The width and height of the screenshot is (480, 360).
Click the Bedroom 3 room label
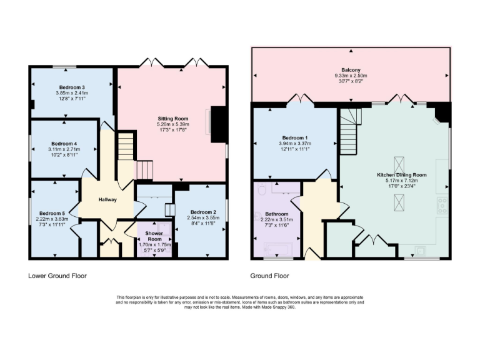pos(72,87)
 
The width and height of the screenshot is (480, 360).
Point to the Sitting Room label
pos(172,117)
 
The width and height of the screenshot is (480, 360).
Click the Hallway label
pos(107,199)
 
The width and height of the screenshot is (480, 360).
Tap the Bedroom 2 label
pos(200,212)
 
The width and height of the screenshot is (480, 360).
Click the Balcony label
pos(351,70)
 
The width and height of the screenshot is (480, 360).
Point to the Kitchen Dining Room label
pos(402,175)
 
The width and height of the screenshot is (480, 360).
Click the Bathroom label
pos(277,213)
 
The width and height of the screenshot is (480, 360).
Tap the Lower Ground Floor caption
pos(57,276)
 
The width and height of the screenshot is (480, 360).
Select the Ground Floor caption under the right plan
pos(269,276)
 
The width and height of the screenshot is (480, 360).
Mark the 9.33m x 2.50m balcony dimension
pos(351,76)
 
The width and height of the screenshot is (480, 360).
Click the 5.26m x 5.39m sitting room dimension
pos(172,124)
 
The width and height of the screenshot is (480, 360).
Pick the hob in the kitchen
pos(442,203)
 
